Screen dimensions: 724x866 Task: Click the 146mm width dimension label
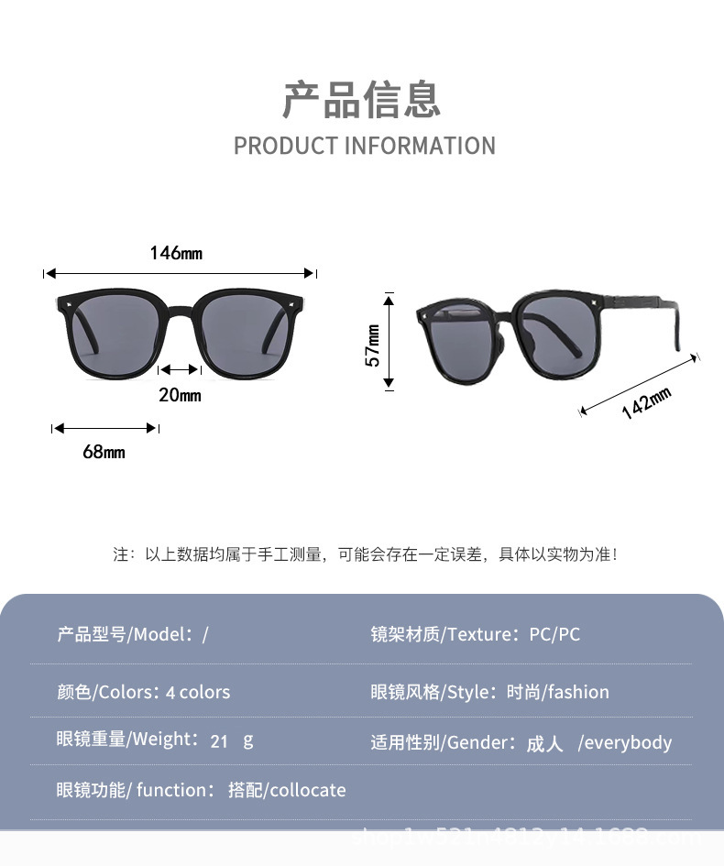point(176,253)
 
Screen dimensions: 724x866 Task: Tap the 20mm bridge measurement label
point(180,395)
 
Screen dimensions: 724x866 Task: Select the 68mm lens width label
point(104,452)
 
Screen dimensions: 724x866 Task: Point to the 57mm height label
point(373,345)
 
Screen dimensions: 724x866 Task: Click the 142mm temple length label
point(646,403)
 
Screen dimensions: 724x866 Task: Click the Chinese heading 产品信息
point(362,100)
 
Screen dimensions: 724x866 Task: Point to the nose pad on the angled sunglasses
point(498,345)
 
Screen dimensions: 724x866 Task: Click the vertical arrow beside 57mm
point(389,342)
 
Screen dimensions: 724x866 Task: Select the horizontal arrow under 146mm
point(180,273)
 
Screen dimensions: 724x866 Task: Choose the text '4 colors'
point(198,692)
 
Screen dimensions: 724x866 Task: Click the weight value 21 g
point(231,740)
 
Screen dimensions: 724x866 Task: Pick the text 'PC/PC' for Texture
point(554,634)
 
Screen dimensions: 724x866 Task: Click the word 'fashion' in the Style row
point(577,692)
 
